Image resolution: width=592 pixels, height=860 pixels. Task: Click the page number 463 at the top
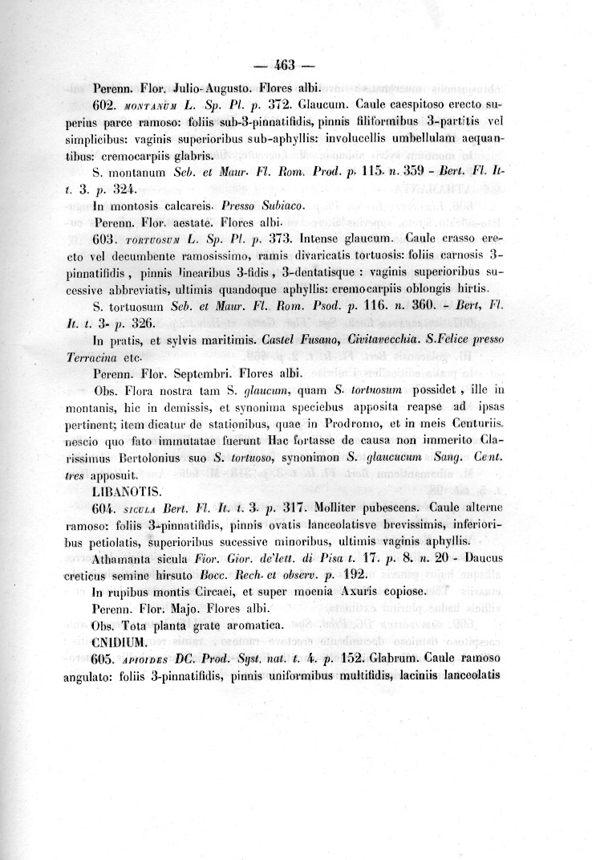286,66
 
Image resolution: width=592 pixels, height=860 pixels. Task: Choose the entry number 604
107,507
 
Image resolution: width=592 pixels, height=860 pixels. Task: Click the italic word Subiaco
280,206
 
